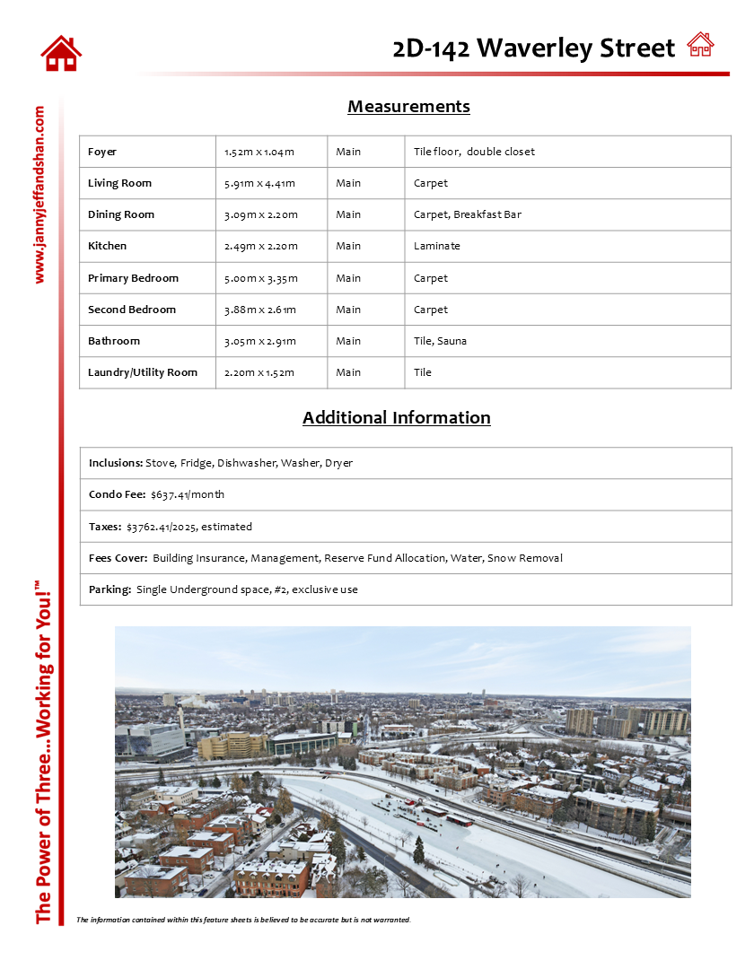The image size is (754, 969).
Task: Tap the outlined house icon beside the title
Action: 700,44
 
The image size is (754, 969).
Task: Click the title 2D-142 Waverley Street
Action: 533,48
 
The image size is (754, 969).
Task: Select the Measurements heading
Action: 408,107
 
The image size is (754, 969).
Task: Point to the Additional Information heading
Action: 396,417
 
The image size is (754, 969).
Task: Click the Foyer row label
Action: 102,152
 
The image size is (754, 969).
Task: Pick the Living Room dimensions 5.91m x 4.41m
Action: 259,183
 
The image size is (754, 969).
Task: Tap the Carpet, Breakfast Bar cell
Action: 467,214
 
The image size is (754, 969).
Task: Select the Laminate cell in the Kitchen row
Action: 436,246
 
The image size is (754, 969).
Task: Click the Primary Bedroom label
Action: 133,278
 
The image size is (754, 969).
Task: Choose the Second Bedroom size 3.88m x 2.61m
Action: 259,310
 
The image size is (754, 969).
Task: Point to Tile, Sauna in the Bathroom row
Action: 440,341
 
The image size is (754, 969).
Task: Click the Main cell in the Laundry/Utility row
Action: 348,372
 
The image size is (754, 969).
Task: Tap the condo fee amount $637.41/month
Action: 188,494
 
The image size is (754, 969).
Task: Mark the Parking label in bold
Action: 110,589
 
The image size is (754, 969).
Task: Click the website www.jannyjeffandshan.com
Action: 39,195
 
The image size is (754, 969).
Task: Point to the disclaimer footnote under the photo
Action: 243,920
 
